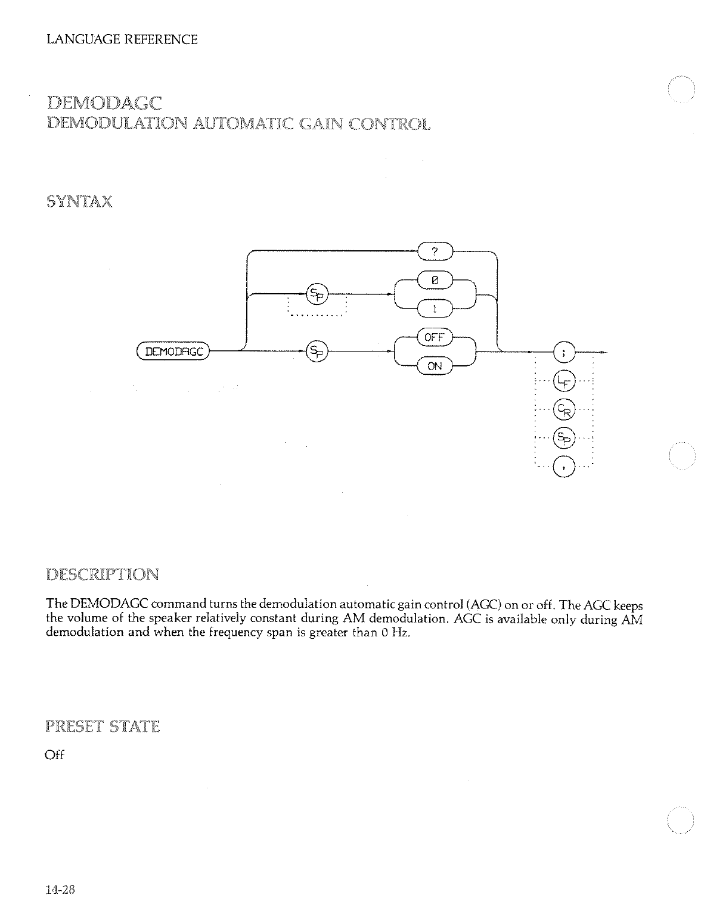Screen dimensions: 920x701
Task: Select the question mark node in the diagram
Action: coord(435,252)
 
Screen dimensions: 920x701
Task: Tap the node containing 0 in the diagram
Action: coord(435,278)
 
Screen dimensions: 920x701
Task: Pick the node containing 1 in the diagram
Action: coord(435,308)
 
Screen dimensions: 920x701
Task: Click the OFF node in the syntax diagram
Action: coord(435,337)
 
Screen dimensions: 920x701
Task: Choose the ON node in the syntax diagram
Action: coord(435,366)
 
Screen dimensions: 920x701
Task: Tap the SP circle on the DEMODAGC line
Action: coord(316,352)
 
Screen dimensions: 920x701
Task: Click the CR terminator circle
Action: coord(563,409)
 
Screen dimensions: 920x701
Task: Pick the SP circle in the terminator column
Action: coord(563,438)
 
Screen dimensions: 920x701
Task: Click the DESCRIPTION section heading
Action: coord(102,575)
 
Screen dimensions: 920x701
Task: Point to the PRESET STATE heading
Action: coord(102,727)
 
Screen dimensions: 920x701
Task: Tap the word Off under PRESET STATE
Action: coord(54,755)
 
